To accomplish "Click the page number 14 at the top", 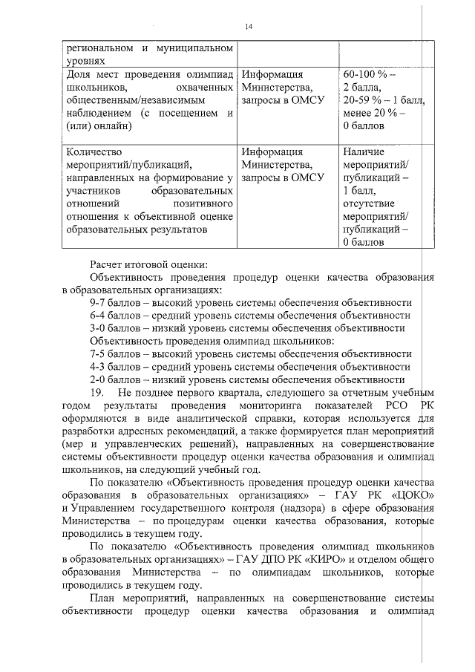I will tap(248, 27).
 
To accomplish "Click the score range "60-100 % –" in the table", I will tap(370, 75).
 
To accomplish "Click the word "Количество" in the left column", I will tap(92, 152).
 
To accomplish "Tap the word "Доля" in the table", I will tap(79, 75).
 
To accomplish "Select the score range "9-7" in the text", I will tap(99, 303).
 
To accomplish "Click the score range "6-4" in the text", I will tap(99, 316).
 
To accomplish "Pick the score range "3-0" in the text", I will tap(99, 328).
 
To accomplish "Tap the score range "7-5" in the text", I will tap(99, 353).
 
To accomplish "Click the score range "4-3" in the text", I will tap(99, 366).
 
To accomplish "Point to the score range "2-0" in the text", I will tap(99, 379).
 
